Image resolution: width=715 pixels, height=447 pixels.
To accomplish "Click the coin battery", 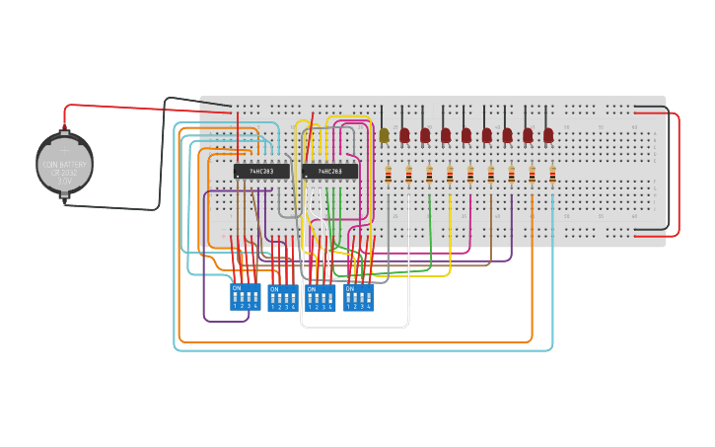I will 65,165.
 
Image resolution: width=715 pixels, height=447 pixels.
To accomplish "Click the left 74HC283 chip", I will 261,171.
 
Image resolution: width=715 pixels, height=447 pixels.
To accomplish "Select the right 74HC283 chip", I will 330,171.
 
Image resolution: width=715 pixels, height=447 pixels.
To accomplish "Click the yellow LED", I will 384,135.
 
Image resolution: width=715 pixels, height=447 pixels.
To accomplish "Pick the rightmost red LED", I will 548,135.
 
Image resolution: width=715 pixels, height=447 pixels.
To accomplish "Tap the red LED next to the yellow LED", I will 404,135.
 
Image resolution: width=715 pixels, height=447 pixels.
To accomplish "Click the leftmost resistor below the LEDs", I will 388,175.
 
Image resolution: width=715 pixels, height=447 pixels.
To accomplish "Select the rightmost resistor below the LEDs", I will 552,175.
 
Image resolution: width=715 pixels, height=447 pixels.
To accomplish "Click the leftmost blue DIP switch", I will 245,296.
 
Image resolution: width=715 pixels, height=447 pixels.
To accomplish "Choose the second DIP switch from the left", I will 282,297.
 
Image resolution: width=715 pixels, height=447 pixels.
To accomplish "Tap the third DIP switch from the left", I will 320,297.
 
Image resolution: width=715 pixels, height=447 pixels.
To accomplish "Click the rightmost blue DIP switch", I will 359,296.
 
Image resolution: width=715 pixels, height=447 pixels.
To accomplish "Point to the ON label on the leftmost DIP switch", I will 236,288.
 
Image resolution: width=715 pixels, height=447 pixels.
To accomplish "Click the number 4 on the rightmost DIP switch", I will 369,306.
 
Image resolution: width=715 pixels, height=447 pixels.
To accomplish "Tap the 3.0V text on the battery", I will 65,182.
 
